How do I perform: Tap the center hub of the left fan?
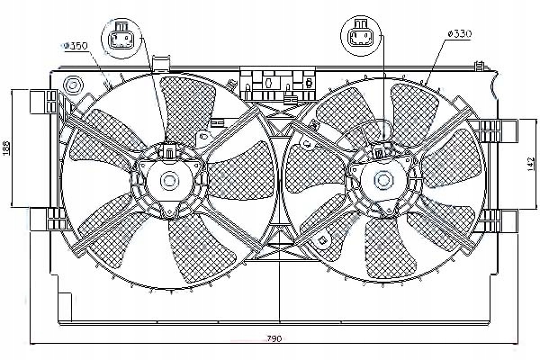click(x=169, y=180)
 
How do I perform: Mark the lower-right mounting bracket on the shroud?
click(x=504, y=220)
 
